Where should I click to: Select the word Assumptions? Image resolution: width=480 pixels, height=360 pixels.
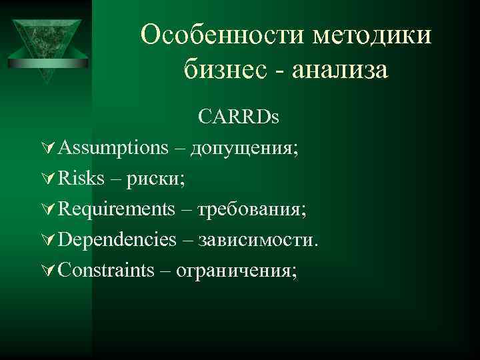(x=113, y=148)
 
